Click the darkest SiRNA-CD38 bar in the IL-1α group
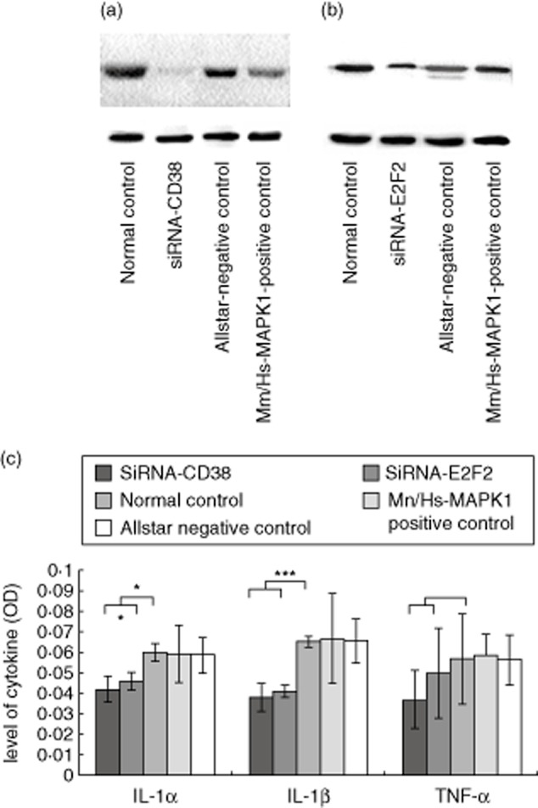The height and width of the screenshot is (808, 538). click(x=107, y=732)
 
